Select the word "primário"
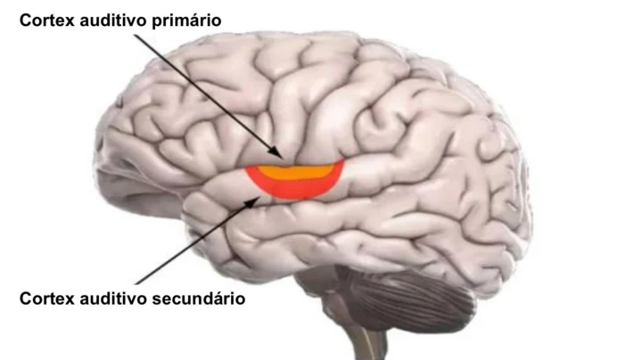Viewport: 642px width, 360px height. tap(186, 20)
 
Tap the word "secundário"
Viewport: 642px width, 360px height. tap(199, 299)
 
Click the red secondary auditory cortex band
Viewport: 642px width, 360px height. tap(296, 189)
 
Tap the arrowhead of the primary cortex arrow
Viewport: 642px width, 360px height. tap(276, 152)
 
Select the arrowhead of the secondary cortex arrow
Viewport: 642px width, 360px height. tap(254, 200)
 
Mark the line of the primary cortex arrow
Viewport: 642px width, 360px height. tap(209, 96)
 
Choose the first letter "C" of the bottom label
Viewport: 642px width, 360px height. tap(25, 299)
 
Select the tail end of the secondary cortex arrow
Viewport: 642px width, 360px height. tap(136, 283)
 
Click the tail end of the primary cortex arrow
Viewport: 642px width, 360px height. tap(136, 35)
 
